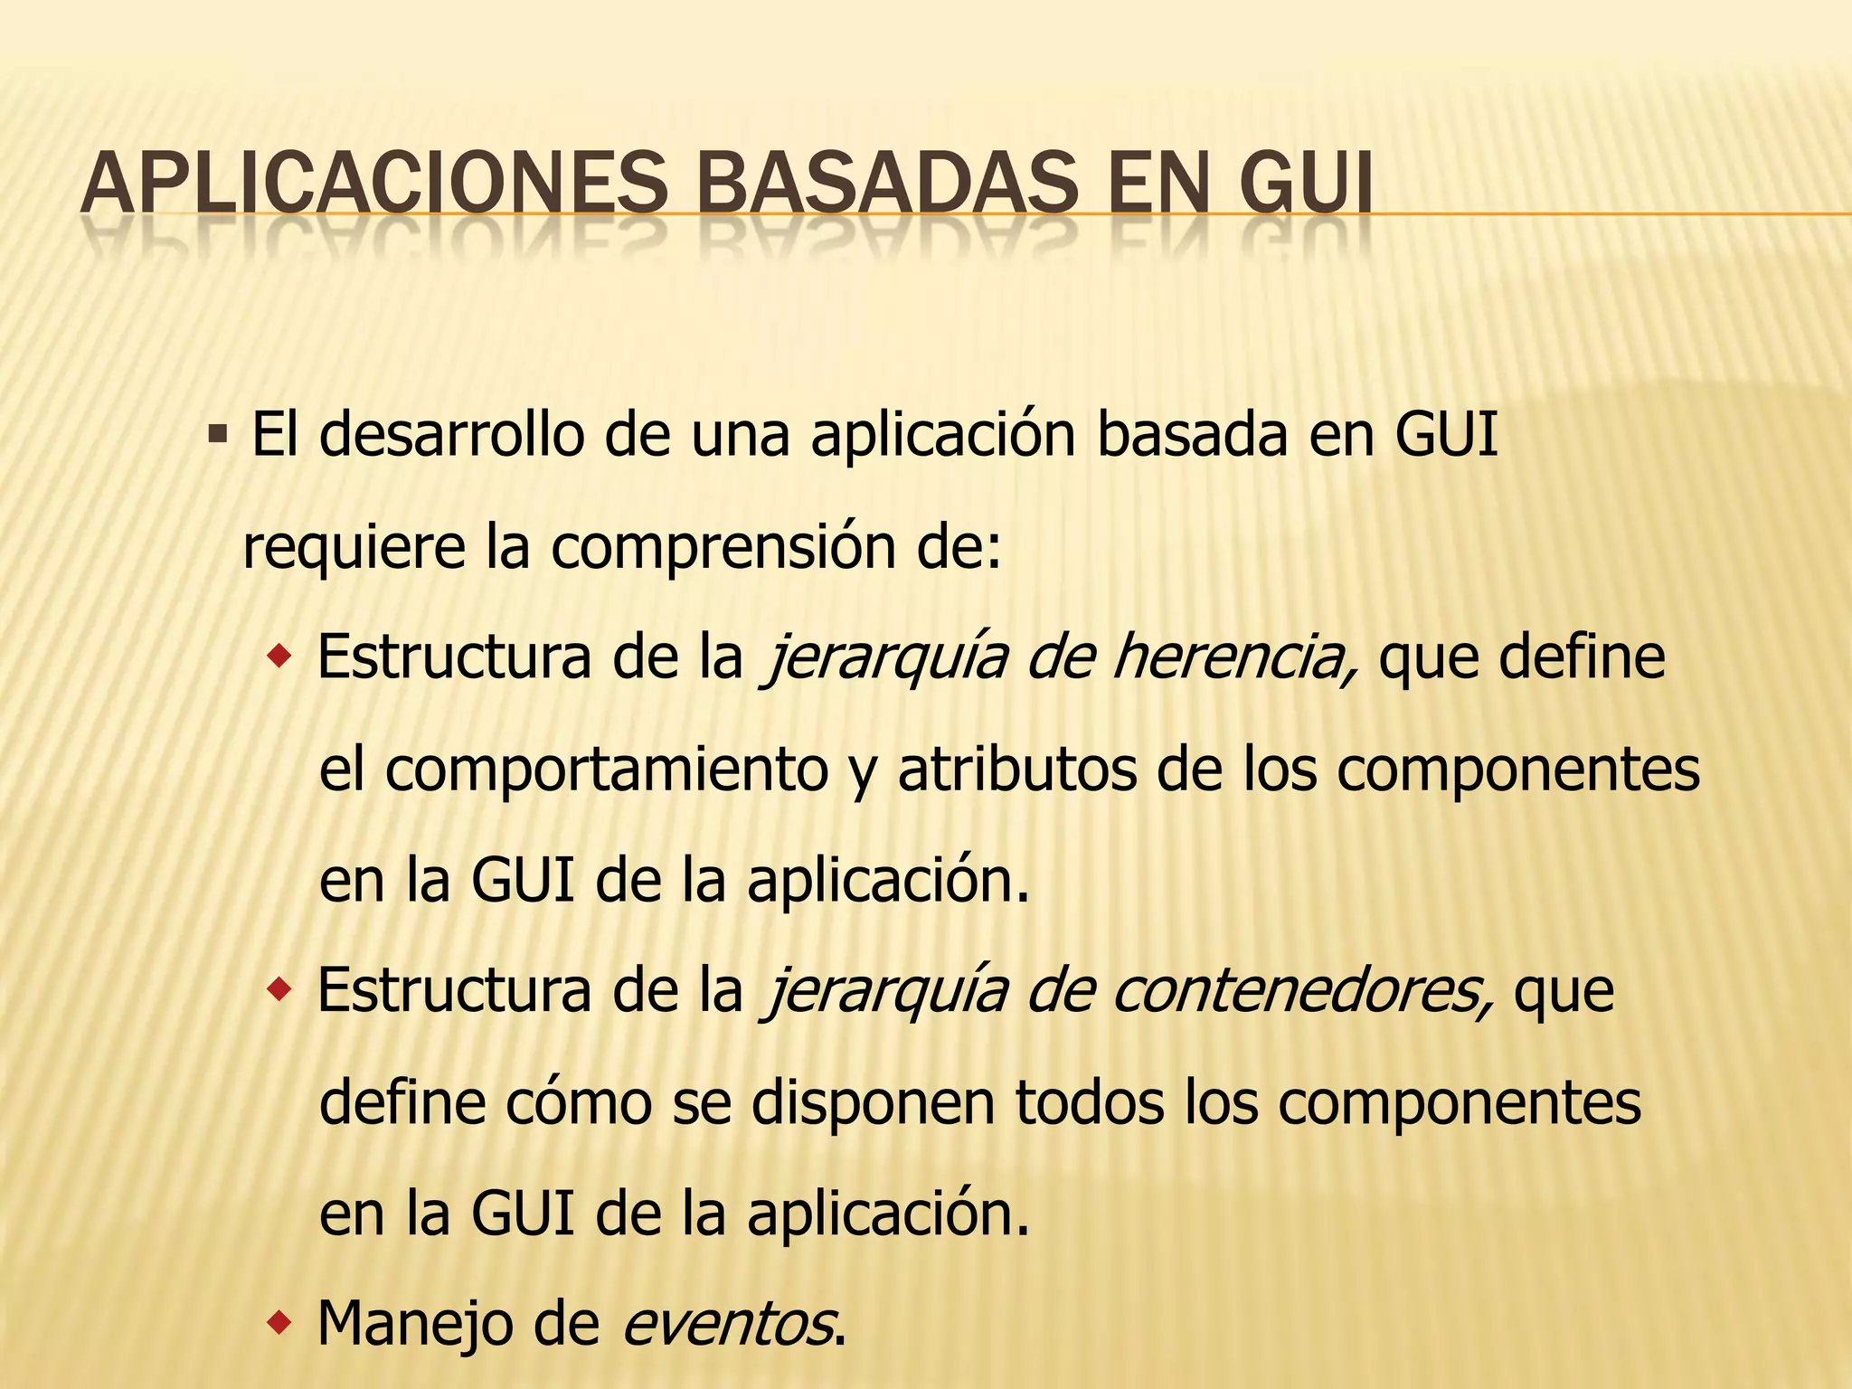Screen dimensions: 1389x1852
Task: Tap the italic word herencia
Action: coord(1234,657)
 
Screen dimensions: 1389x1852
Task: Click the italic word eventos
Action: coord(728,1325)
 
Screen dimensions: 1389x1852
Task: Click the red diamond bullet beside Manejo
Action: coord(279,1324)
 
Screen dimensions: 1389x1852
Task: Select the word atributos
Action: coord(1016,770)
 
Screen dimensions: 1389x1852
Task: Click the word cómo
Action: coord(579,1103)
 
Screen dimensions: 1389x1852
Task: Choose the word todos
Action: coord(1090,1103)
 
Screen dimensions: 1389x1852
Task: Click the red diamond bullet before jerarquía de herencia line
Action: coord(279,655)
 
